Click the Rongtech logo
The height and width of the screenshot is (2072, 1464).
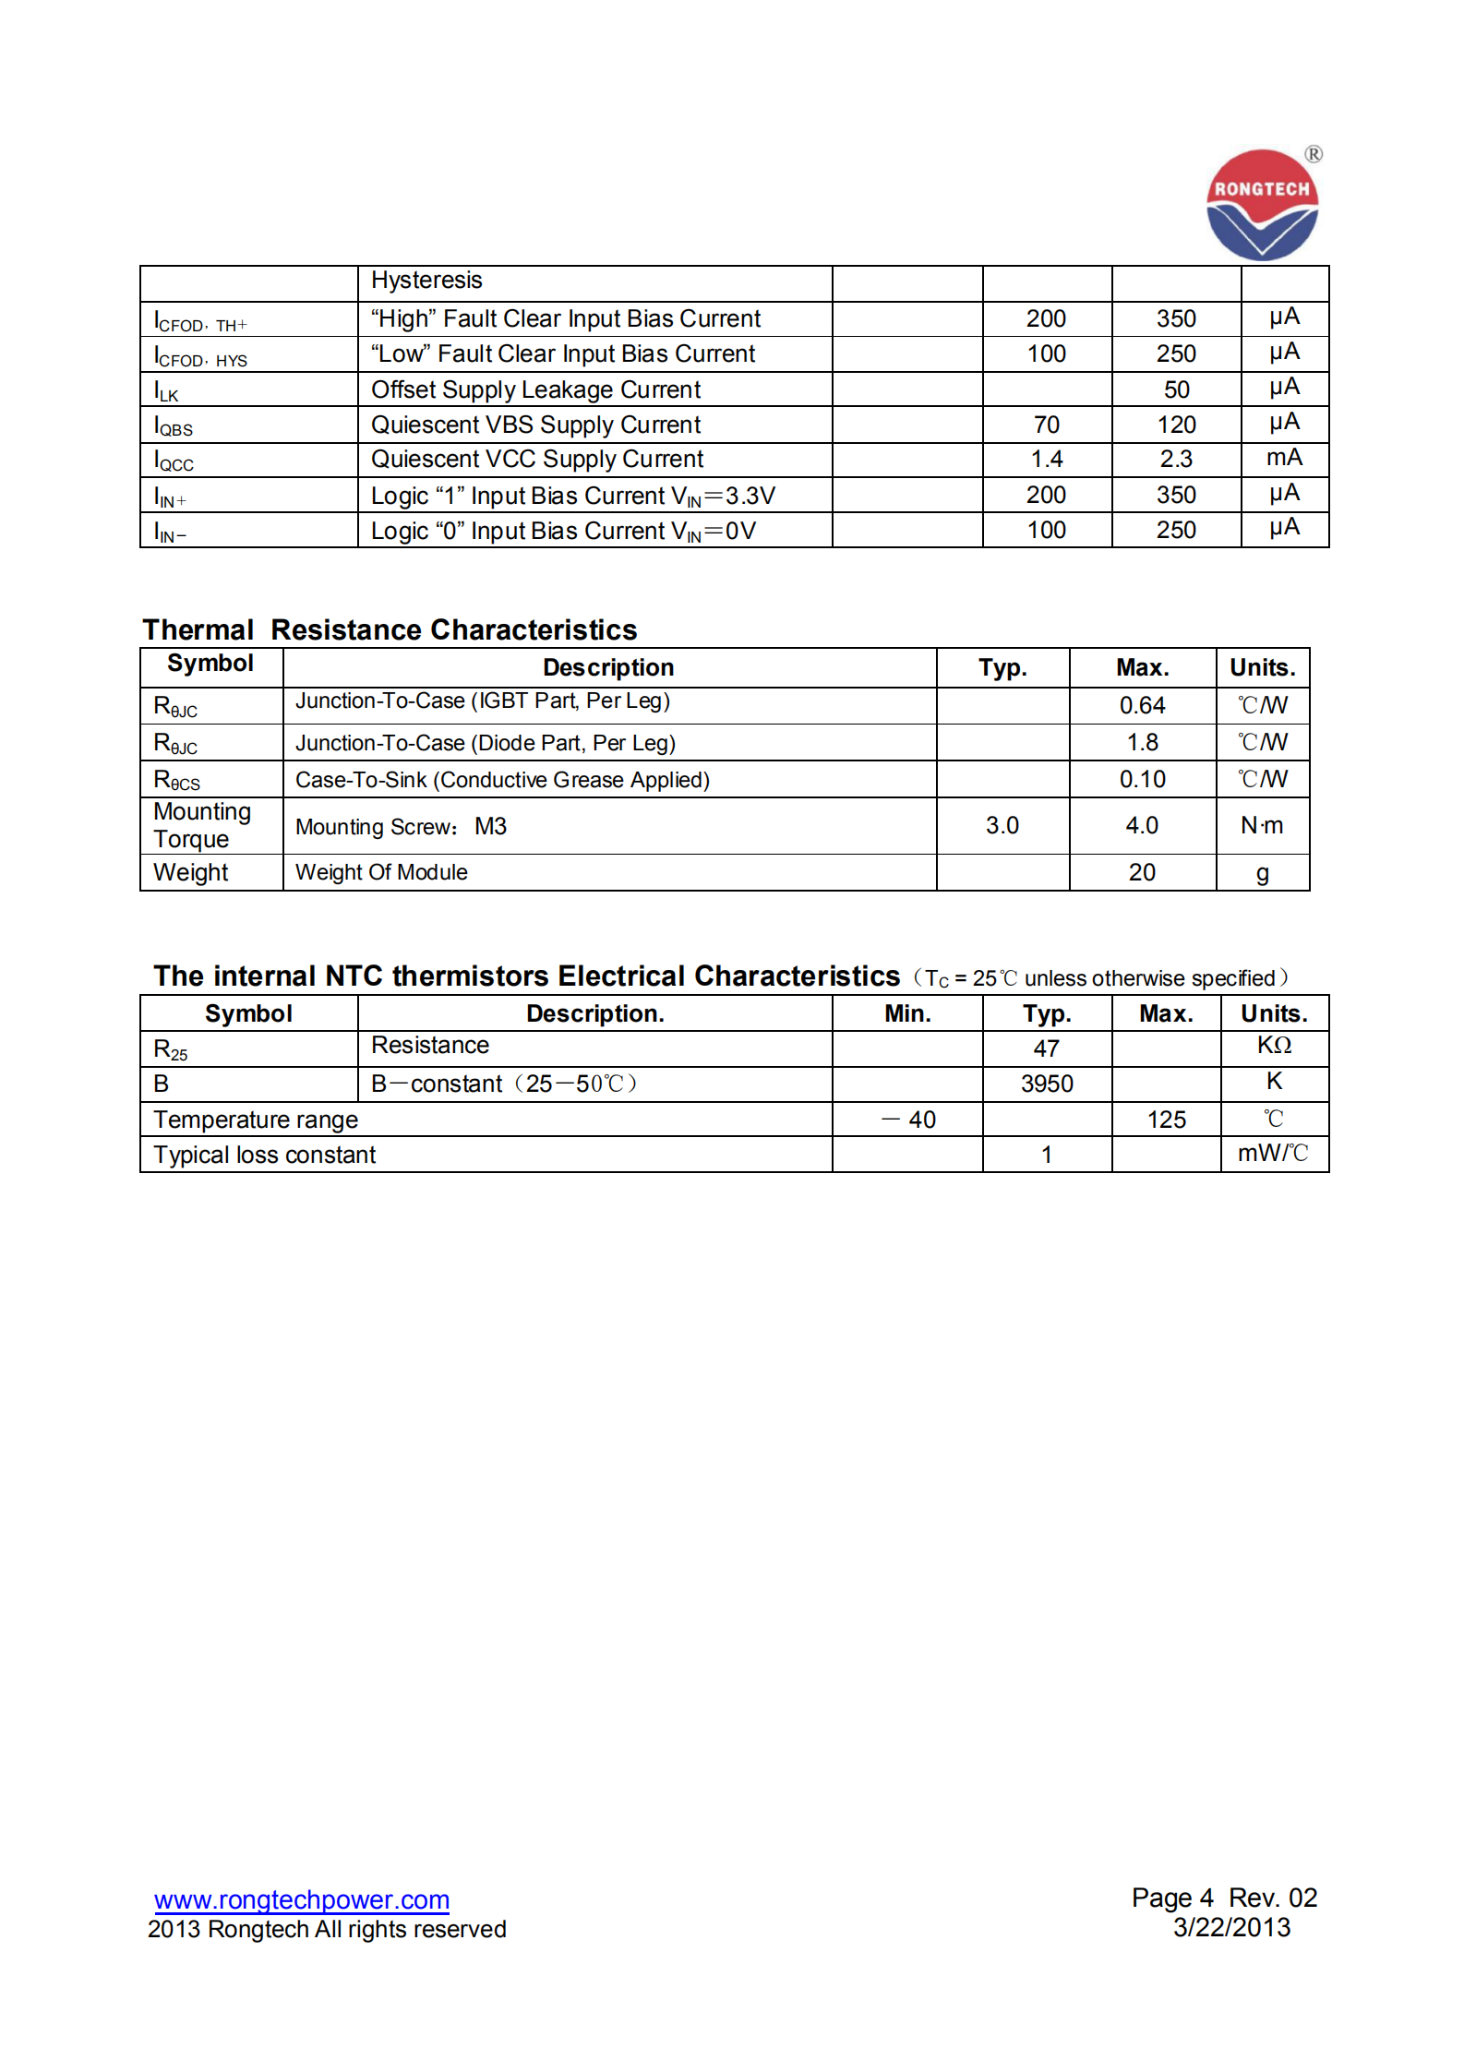pyautogui.click(x=1262, y=205)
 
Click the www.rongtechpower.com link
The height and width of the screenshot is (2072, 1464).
pyautogui.click(x=302, y=1899)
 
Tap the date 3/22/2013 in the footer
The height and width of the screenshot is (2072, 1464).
pyautogui.click(x=1231, y=1927)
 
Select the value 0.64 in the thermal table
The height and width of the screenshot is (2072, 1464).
pyautogui.click(x=1142, y=706)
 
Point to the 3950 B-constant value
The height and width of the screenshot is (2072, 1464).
pyautogui.click(x=1047, y=1084)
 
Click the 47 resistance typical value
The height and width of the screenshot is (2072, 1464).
pyautogui.click(x=1046, y=1048)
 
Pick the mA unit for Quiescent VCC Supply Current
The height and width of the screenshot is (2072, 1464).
pyautogui.click(x=1284, y=458)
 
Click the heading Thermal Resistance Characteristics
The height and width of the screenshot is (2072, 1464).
pyautogui.click(x=390, y=629)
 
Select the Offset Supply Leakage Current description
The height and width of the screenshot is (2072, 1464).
pyautogui.click(x=535, y=389)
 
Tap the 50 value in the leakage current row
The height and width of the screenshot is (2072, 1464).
pyautogui.click(x=1176, y=389)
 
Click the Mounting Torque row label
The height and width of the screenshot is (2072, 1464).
pyautogui.click(x=202, y=825)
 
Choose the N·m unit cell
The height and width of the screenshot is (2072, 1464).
pyautogui.click(x=1262, y=825)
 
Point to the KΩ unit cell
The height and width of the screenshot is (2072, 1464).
pyautogui.click(x=1274, y=1046)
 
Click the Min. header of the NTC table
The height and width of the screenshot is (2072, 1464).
pyautogui.click(x=907, y=1013)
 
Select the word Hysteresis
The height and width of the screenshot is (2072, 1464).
pyautogui.click(x=426, y=281)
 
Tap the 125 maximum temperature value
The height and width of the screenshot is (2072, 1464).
pyautogui.click(x=1166, y=1120)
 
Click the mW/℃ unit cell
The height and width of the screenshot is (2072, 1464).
pyautogui.click(x=1273, y=1154)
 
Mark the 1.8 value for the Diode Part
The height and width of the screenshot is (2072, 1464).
pyautogui.click(x=1142, y=743)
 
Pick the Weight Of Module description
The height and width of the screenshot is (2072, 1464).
pyautogui.click(x=381, y=872)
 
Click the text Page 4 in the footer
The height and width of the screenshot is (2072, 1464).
pyautogui.click(x=1172, y=1898)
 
